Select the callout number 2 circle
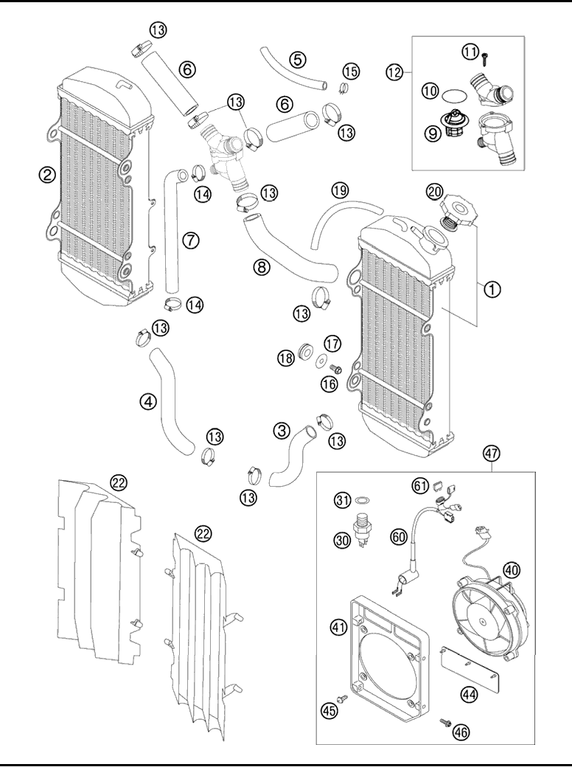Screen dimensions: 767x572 (x=47, y=175)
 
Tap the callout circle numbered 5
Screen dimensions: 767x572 (x=297, y=58)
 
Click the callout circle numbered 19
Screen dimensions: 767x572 (x=339, y=190)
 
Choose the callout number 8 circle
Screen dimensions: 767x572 (x=262, y=268)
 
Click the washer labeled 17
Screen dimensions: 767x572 (x=322, y=361)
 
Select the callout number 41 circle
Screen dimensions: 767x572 (x=339, y=628)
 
